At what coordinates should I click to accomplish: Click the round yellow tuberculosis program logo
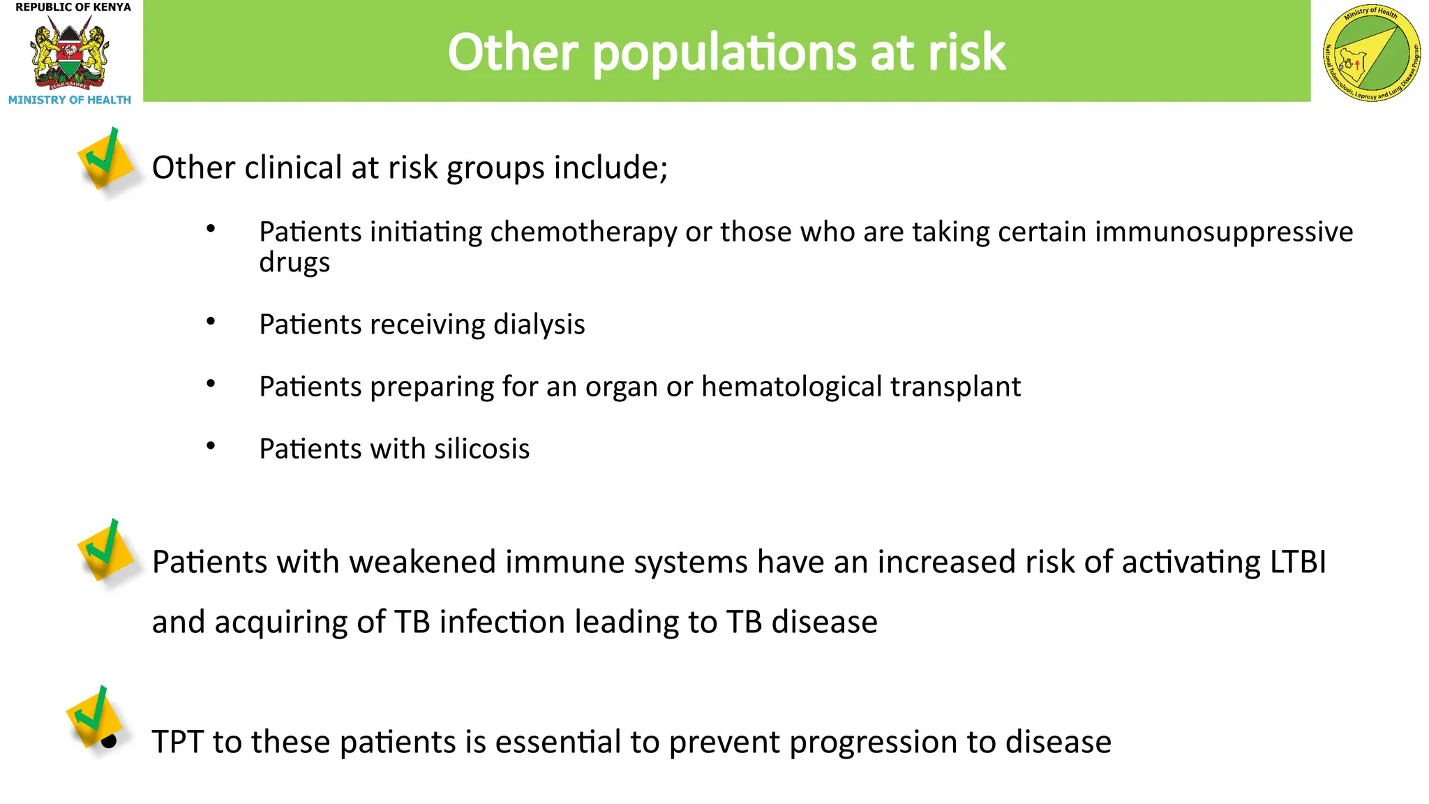click(1372, 52)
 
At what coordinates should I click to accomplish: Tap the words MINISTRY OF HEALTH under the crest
click(70, 100)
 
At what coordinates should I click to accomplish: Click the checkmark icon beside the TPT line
click(95, 719)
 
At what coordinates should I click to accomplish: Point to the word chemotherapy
click(583, 232)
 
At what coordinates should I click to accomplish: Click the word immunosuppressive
click(1223, 232)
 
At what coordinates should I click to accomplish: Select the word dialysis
click(539, 325)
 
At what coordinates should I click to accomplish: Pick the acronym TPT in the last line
click(178, 742)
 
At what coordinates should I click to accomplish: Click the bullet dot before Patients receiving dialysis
click(211, 321)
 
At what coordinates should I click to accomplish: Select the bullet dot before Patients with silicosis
click(211, 445)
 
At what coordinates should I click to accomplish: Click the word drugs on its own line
click(294, 263)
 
